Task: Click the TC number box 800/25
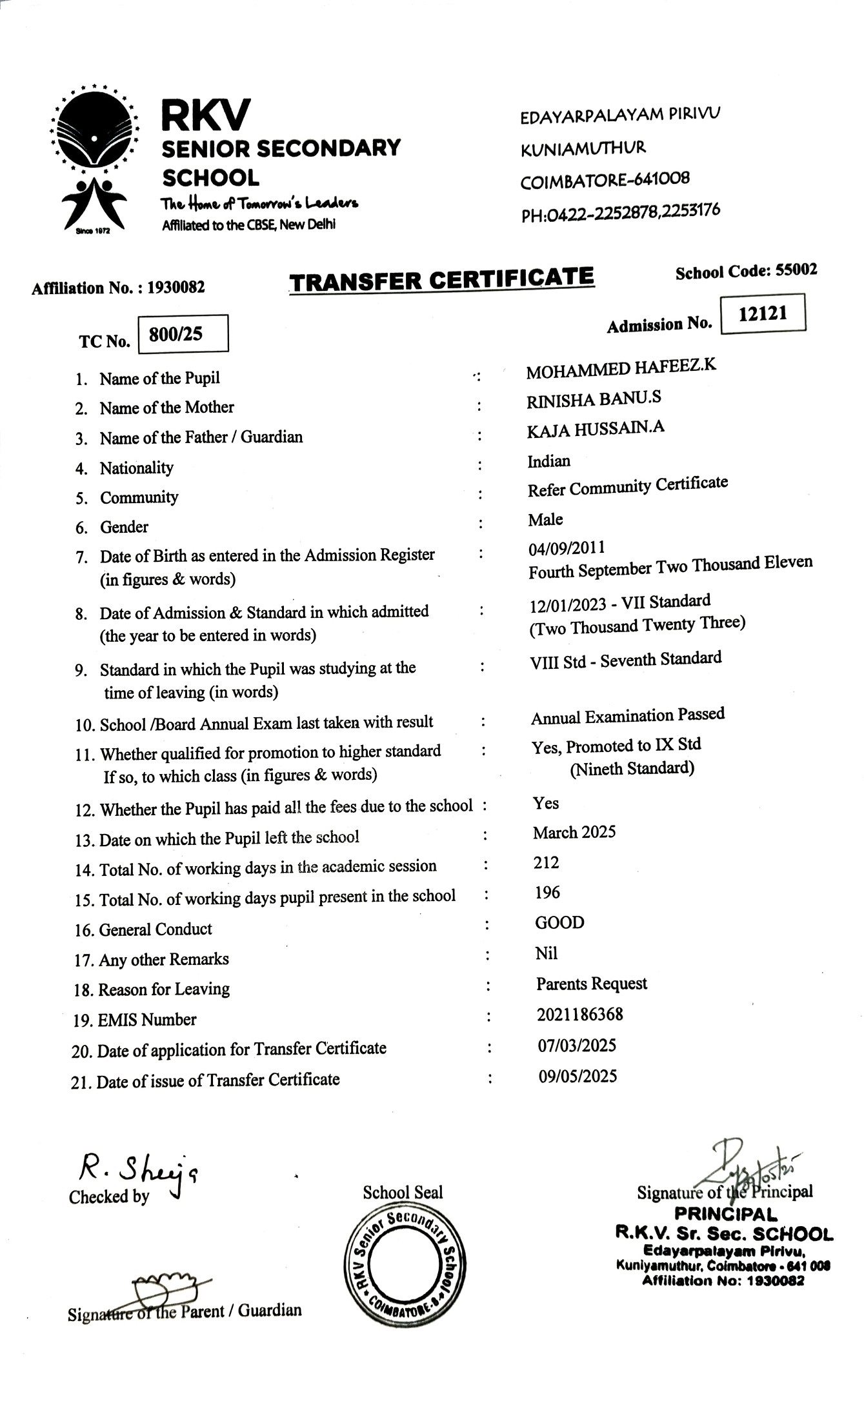[x=183, y=333]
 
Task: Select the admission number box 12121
[x=763, y=313]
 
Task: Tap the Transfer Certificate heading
[x=441, y=280]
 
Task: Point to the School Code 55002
[x=746, y=271]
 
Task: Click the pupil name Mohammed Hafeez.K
[x=621, y=369]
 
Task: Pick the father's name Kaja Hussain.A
[x=595, y=429]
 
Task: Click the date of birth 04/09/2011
[x=567, y=548]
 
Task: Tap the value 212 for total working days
[x=546, y=862]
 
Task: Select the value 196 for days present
[x=547, y=892]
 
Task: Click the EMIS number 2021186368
[x=579, y=1015]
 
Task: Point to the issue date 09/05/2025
[x=578, y=1076]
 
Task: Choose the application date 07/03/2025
[x=577, y=1045]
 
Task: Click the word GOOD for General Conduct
[x=559, y=922]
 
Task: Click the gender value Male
[x=545, y=519]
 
